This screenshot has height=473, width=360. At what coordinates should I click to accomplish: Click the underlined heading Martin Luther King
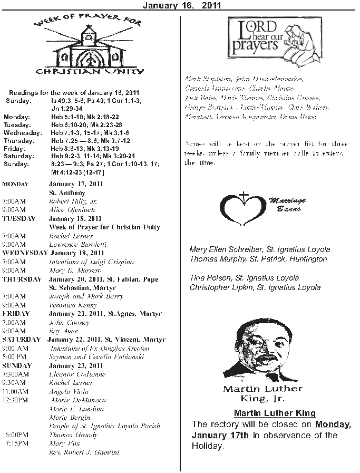click(275, 413)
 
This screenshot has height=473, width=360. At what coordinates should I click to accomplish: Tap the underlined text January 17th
click(220, 435)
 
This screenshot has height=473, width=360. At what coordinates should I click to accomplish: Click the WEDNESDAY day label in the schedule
click(24, 253)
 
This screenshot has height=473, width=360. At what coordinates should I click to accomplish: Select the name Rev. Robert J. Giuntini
click(84, 452)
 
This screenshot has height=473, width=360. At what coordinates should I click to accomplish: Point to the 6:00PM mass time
click(17, 435)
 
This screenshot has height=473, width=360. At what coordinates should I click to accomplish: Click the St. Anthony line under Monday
click(67, 193)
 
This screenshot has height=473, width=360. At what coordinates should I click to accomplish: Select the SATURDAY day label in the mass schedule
click(21, 340)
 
